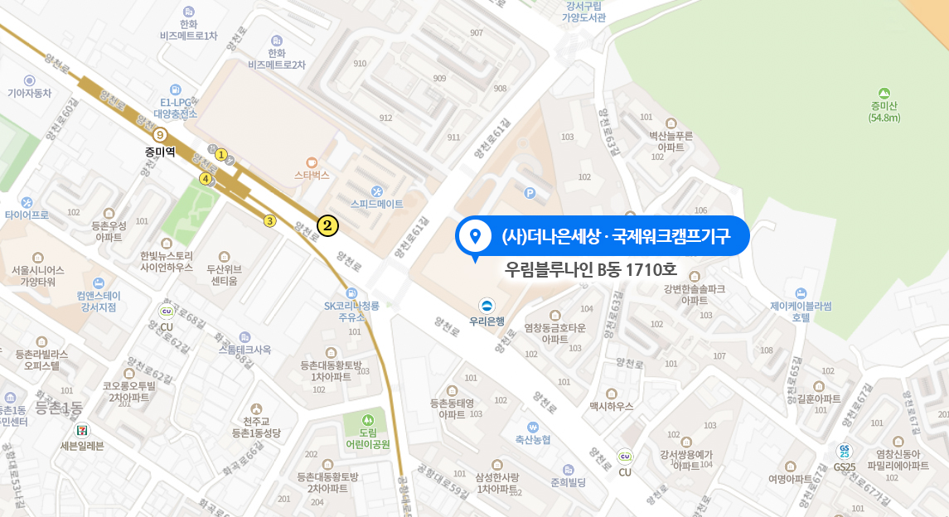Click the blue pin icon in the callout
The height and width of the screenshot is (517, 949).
coord(475,237)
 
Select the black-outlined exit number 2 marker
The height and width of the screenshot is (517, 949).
coord(327,225)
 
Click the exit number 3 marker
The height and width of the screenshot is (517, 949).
coord(269,221)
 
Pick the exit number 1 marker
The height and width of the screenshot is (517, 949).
coord(221,154)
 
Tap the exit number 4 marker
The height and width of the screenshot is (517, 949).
coord(206,178)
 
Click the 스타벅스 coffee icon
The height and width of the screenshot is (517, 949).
coord(312,162)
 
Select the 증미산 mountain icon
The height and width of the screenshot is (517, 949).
coord(884,94)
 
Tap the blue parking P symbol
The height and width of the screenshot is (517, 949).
coord(530,193)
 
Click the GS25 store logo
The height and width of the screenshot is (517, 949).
coord(844,452)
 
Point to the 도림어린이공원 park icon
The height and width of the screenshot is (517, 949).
coord(368,419)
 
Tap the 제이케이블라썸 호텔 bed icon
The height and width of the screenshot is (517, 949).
coord(800,293)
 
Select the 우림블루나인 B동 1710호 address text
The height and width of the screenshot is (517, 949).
coord(591,269)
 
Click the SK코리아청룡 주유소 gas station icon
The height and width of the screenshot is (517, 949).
coord(351,293)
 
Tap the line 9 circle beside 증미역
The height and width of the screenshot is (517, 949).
coord(160,134)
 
